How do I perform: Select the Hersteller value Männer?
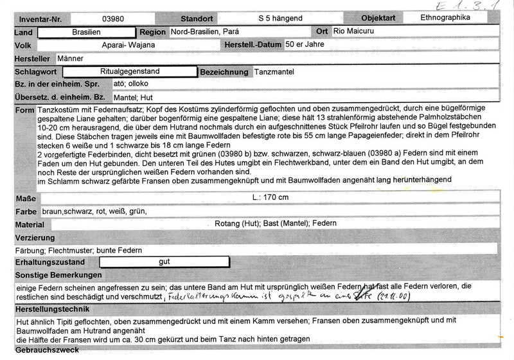pos(70,59)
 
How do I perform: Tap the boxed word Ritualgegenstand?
pos(130,72)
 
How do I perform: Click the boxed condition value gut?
pos(164,262)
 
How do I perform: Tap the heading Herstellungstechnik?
pos(53,309)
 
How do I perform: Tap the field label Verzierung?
pos(37,238)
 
